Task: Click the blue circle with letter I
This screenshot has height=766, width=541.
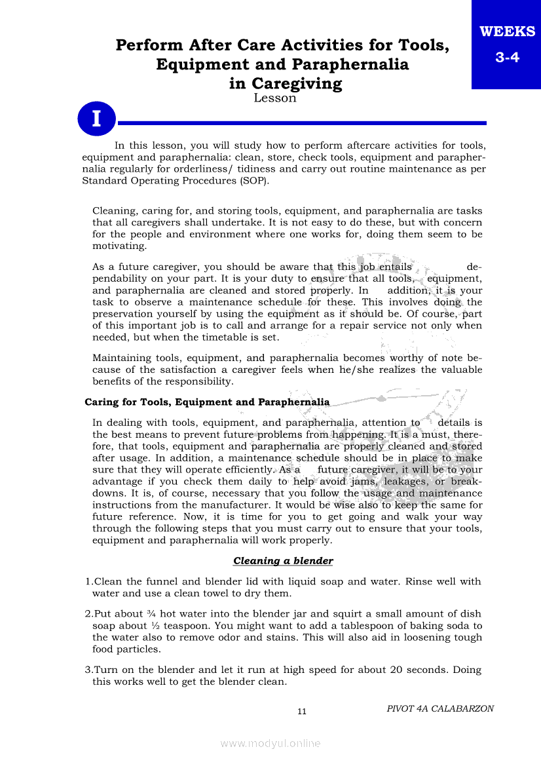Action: [x=96, y=119]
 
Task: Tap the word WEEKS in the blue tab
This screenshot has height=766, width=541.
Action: [x=507, y=31]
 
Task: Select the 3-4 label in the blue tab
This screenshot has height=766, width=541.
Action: [x=507, y=58]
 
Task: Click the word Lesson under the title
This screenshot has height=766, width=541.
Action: [x=275, y=98]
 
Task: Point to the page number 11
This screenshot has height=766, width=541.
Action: [x=302, y=712]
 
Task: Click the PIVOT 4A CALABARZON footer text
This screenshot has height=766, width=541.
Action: [x=440, y=708]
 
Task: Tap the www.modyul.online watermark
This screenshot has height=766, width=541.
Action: [x=270, y=744]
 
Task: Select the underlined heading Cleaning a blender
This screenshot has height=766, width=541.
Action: [x=283, y=561]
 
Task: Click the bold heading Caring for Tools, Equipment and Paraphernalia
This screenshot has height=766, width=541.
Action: [x=207, y=402]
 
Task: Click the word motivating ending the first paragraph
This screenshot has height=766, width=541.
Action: [x=120, y=246]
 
